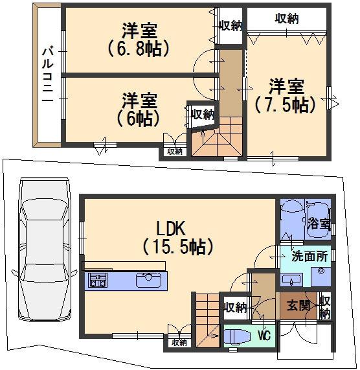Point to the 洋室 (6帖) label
[139, 109]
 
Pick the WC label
[264, 336]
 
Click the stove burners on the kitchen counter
[98, 281]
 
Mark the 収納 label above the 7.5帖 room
[287, 19]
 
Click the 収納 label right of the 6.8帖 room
[230, 26]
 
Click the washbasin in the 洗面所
[289, 279]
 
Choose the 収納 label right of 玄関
[325, 306]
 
